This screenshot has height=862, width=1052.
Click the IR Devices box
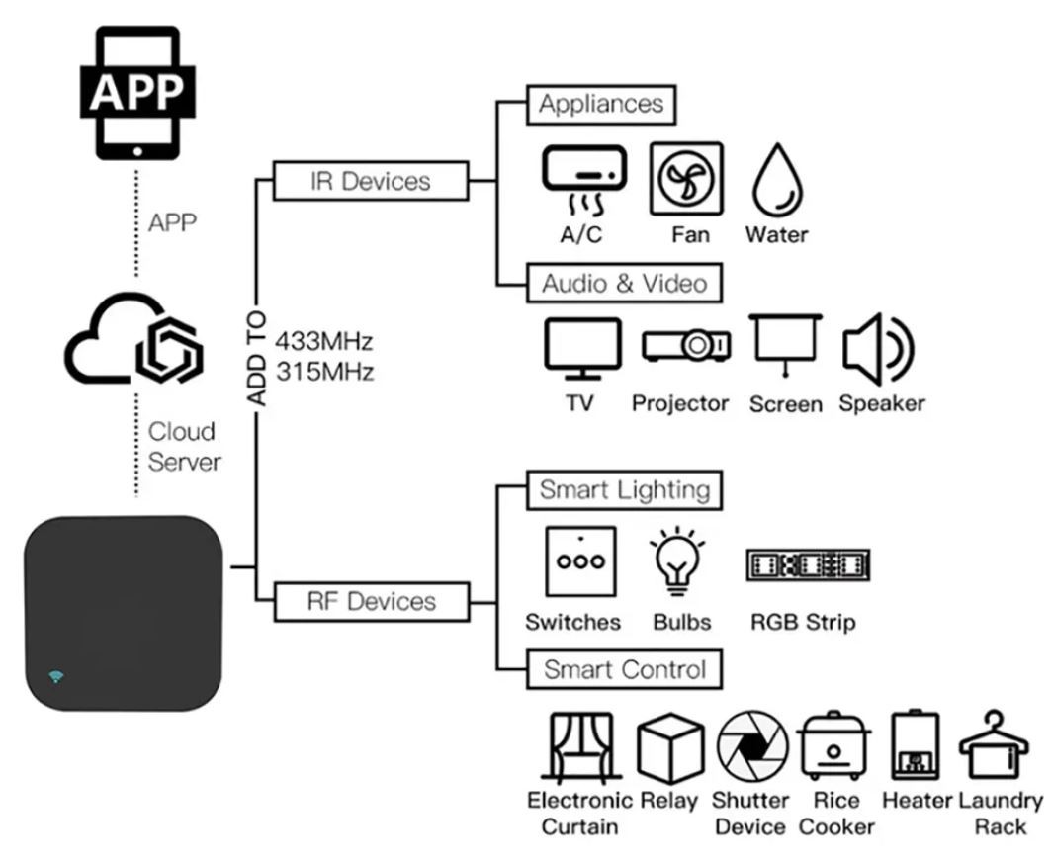pos(370,181)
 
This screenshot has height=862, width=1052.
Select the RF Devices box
pos(370,601)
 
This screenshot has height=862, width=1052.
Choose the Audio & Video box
pos(624,284)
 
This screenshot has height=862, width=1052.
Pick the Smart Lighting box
pos(624,490)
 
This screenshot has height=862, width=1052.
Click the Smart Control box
pos(624,669)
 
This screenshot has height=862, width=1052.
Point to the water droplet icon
pos(776,183)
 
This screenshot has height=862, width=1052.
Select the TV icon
pos(583,349)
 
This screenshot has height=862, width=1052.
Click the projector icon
pos(687,345)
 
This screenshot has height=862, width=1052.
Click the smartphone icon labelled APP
pos(137,92)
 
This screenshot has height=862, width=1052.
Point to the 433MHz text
pos(325,343)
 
